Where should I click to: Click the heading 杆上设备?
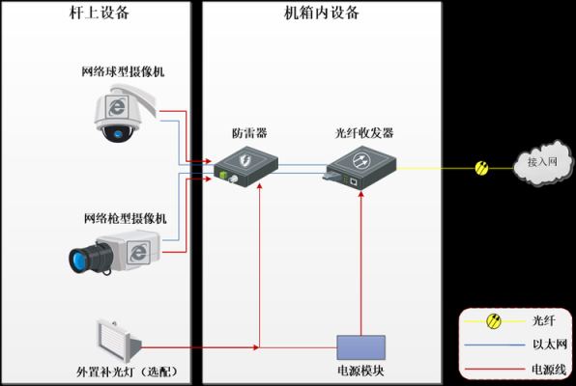(100, 13)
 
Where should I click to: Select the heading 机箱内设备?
(322, 13)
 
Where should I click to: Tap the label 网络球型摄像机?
(123, 71)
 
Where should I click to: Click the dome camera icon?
(125, 113)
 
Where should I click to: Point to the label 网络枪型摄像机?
(126, 219)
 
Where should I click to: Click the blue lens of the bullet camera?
(78, 261)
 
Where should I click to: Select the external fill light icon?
(118, 342)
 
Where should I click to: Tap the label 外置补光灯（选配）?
(128, 372)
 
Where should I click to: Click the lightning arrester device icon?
(246, 166)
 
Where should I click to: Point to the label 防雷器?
(249, 133)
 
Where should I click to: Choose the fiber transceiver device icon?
(360, 168)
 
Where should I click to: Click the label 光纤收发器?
(364, 133)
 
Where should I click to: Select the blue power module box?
(361, 347)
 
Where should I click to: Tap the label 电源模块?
(360, 371)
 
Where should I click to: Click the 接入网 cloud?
(543, 162)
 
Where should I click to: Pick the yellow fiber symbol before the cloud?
(481, 169)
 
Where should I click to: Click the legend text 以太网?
(550, 345)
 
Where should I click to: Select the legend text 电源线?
(549, 370)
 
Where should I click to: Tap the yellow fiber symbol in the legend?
(494, 321)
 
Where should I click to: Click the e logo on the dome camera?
(117, 107)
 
